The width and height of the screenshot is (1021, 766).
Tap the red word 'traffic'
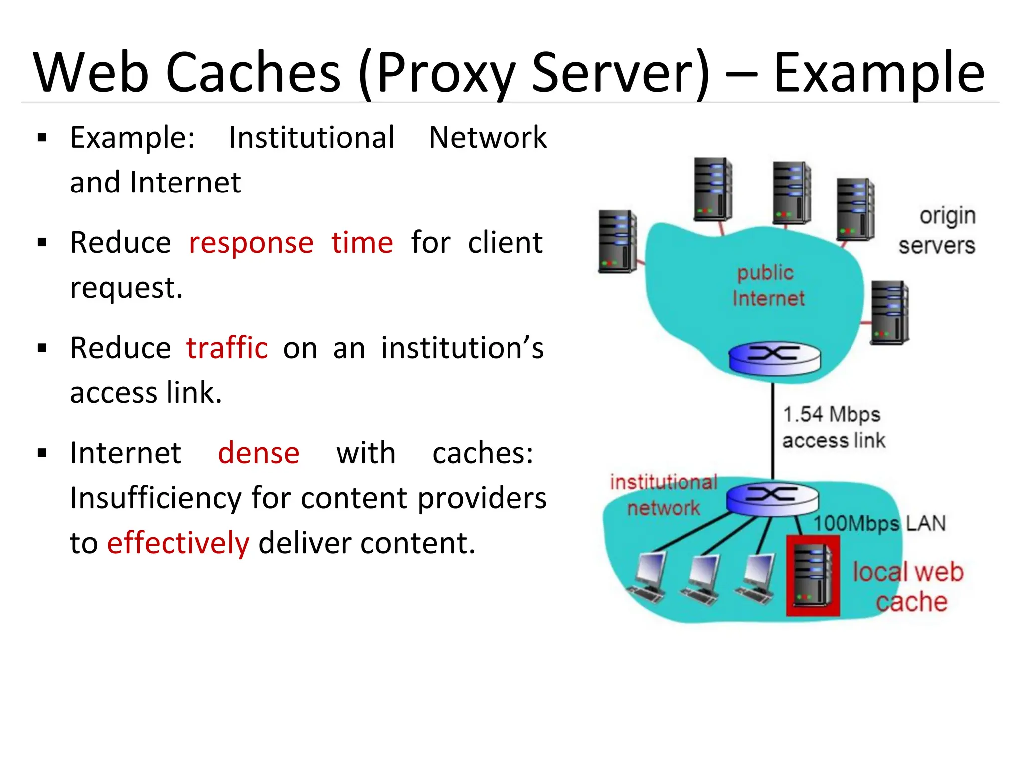227,348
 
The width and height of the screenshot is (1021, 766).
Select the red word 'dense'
259,453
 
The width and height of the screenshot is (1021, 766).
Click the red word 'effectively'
178,543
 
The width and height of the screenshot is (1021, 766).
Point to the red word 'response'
251,243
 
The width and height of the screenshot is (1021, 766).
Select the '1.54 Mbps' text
831,414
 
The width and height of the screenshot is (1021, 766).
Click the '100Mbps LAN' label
879,524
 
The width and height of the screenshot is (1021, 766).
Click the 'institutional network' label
664,495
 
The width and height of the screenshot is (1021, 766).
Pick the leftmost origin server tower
618,242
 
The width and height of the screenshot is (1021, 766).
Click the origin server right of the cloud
890,313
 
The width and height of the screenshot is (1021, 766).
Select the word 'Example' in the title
879,73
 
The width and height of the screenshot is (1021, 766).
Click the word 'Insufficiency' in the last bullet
156,498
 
